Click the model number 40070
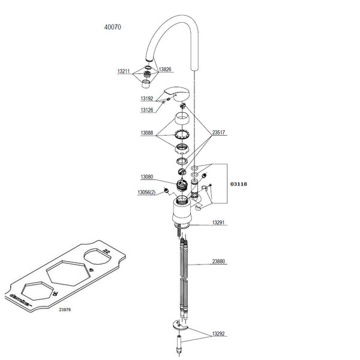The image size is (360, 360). tap(113, 27)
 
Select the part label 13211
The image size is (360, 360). tap(124, 71)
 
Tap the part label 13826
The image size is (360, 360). tap(165, 70)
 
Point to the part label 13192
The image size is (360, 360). tap(147, 98)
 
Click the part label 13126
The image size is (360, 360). tap(147, 110)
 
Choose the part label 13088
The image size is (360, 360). tap(147, 133)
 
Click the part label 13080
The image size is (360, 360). tap(147, 177)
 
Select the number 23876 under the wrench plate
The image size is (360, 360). tap(65, 310)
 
